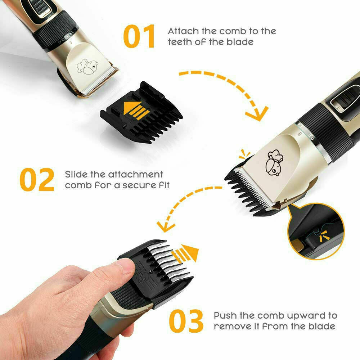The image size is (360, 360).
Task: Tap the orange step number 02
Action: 37,180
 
